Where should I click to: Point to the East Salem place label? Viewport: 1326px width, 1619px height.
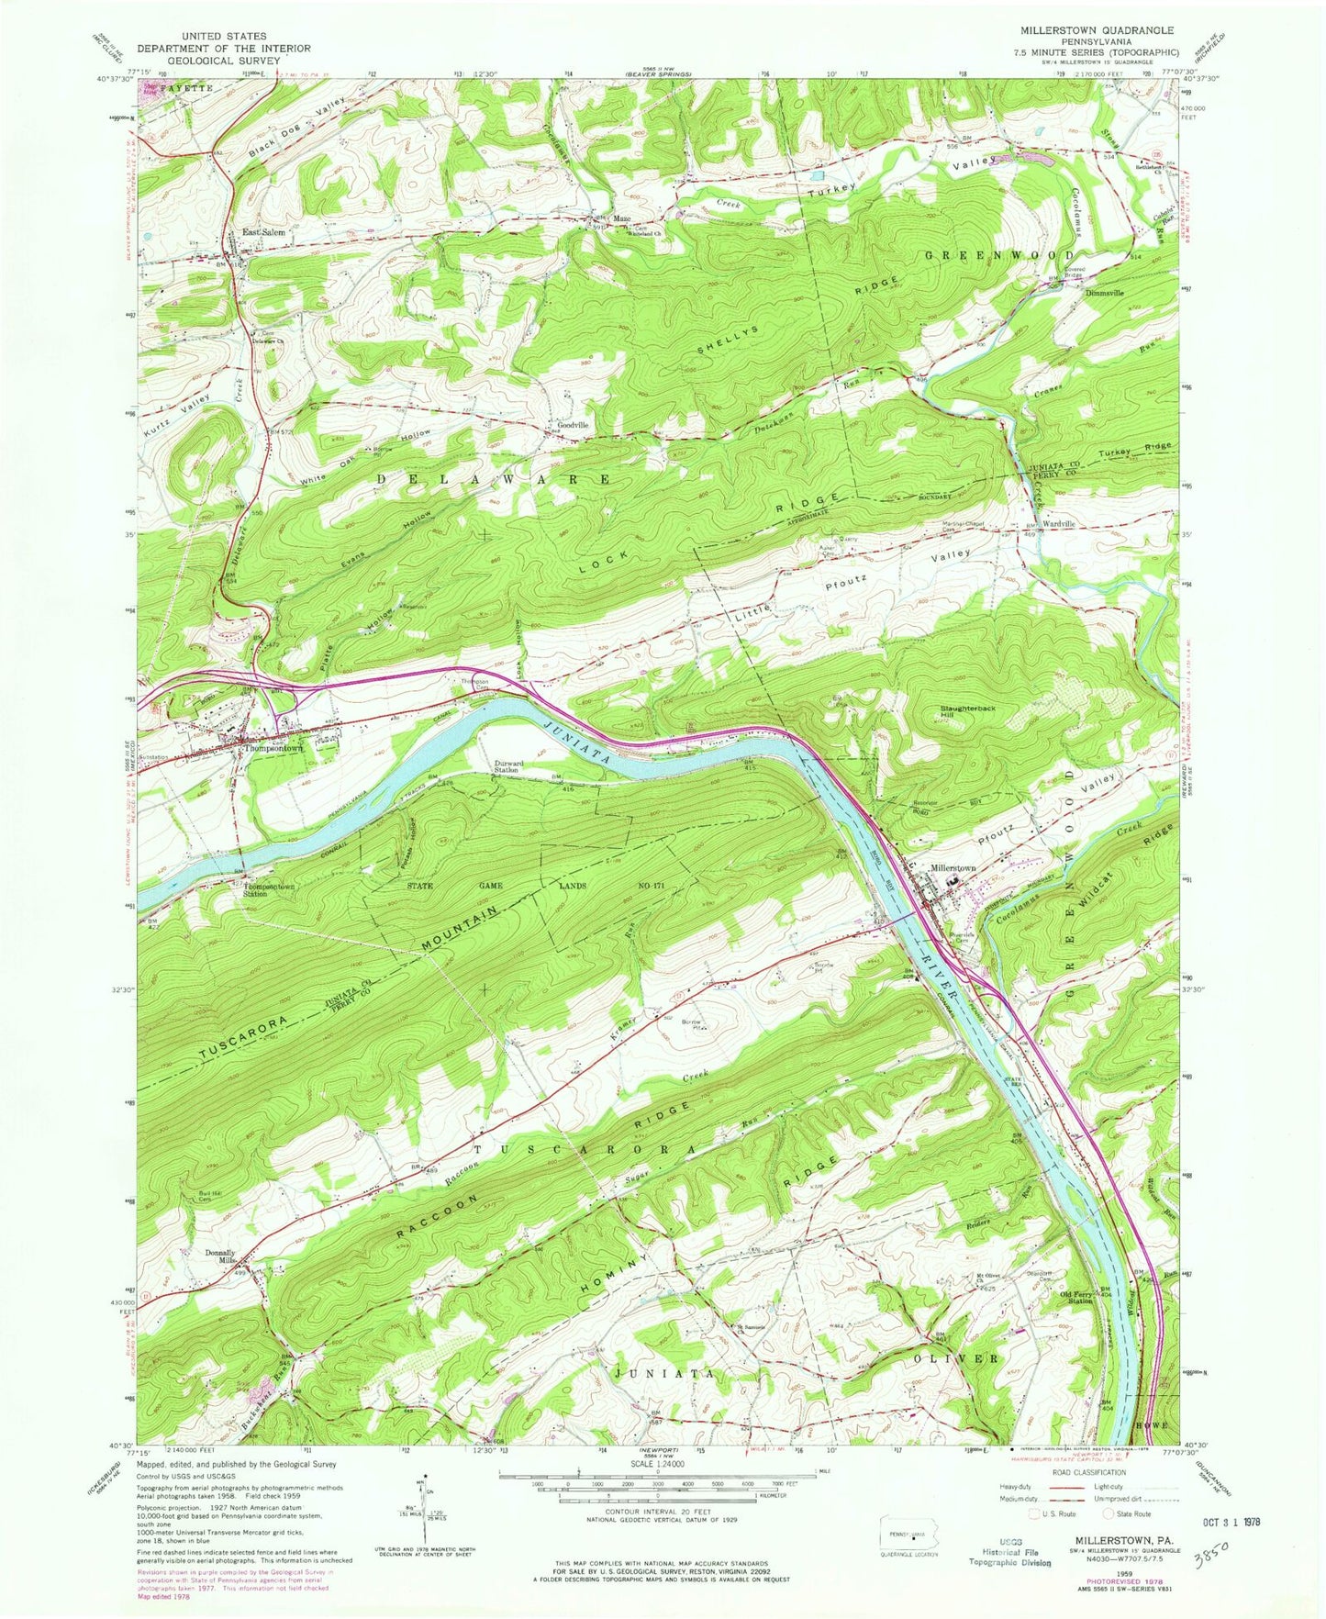pyautogui.click(x=263, y=233)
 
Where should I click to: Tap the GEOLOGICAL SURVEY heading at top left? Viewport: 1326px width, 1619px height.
pyautogui.click(x=223, y=60)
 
